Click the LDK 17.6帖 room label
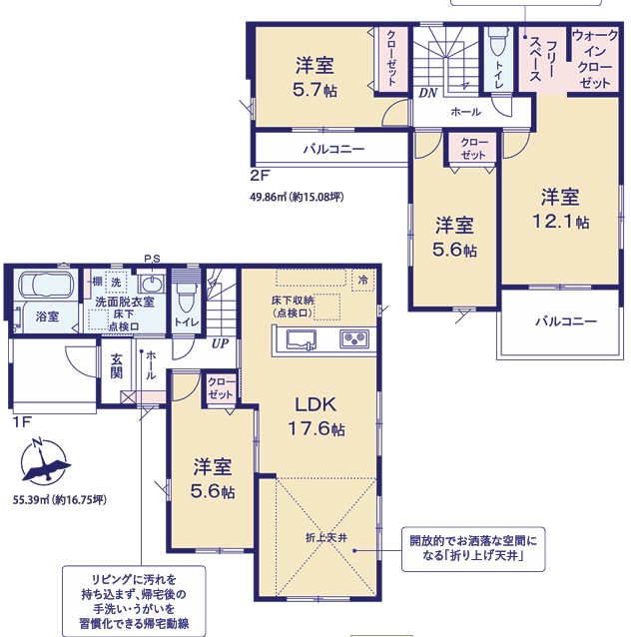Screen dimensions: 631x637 coord(316,416)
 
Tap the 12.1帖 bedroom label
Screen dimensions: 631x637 coord(560,210)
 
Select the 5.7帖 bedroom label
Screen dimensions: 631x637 coord(315,78)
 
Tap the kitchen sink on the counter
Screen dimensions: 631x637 coord(302,339)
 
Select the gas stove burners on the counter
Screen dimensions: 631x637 coord(354,338)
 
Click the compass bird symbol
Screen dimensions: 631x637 coord(45,463)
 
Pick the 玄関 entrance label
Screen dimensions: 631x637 coord(117,366)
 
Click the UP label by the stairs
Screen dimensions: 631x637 coord(220,343)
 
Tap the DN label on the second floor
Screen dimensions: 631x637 coord(428,93)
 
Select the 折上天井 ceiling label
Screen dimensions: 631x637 coord(326,538)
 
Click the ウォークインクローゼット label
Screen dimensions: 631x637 coord(594,59)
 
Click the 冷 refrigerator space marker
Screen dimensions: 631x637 coord(362,280)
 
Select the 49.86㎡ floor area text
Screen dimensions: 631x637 coord(297,197)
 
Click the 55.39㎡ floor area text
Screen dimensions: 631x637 coord(60,499)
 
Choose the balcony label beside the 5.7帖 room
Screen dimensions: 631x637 coord(334,149)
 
